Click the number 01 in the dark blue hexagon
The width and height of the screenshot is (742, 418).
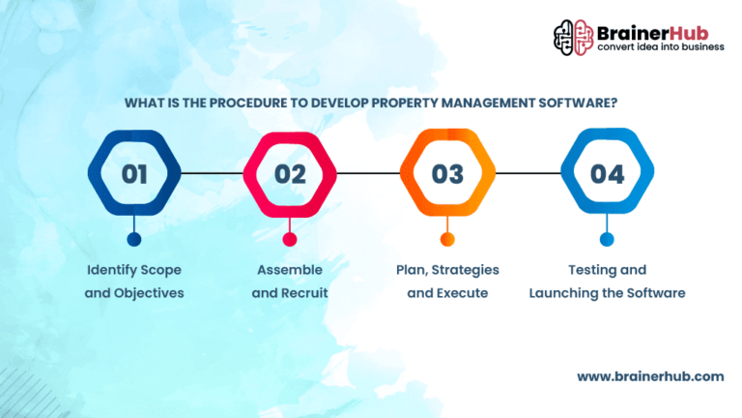(x=134, y=174)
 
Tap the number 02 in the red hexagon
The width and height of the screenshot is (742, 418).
(x=290, y=174)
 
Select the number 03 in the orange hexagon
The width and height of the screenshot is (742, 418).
(x=447, y=174)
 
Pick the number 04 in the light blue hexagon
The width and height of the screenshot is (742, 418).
(x=607, y=174)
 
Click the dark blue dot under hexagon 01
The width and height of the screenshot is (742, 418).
(x=134, y=239)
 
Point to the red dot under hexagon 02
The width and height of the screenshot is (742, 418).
(x=290, y=239)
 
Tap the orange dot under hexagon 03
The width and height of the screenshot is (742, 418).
(x=447, y=239)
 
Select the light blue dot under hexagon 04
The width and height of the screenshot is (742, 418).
(x=607, y=239)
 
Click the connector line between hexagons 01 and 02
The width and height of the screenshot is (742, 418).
(x=212, y=173)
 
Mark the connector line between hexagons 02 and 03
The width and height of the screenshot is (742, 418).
(x=369, y=173)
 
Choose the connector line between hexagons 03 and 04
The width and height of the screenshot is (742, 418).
(x=528, y=173)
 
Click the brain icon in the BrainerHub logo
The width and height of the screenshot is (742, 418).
(x=574, y=38)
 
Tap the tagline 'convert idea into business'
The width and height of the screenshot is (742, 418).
(x=661, y=46)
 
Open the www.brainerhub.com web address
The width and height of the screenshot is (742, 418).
(x=650, y=376)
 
